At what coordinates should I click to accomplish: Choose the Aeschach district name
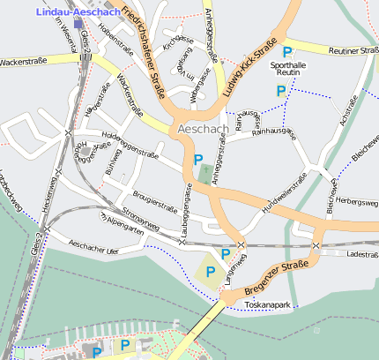(203, 129)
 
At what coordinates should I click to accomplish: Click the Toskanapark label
(268, 304)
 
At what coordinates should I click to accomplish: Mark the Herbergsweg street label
(357, 201)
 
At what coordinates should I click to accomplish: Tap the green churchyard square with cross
(205, 172)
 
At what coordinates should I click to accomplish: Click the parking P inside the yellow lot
(210, 272)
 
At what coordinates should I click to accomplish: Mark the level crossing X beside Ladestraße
(316, 244)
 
